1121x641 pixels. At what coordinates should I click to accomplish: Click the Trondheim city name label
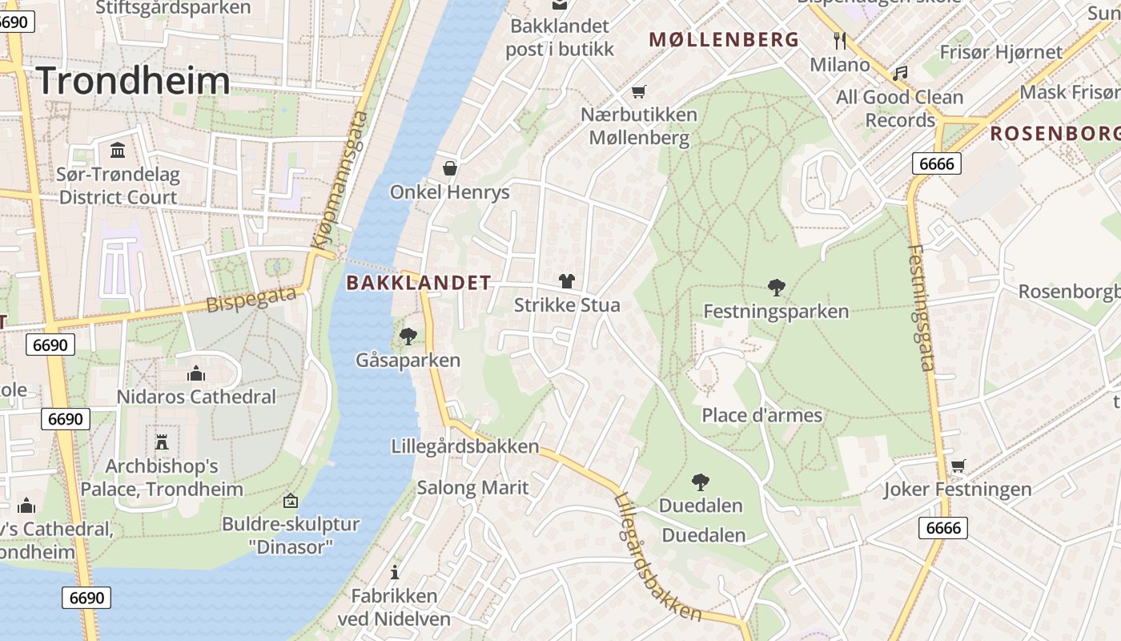click(133, 81)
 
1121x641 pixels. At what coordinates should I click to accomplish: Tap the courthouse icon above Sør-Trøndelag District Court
click(118, 150)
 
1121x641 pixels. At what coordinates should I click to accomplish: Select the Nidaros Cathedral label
click(196, 397)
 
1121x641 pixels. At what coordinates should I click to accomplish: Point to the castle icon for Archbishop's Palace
click(162, 441)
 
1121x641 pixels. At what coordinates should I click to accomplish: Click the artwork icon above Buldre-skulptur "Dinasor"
click(291, 501)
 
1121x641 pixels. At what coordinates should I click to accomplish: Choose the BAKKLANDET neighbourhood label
click(418, 282)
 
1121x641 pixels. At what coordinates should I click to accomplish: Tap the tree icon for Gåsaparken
click(408, 336)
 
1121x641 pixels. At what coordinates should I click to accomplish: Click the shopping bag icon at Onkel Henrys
click(450, 168)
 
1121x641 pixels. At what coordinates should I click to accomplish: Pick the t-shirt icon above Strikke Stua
click(567, 280)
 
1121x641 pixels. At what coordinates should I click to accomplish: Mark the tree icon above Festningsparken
click(776, 287)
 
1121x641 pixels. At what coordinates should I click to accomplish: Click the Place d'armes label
click(761, 415)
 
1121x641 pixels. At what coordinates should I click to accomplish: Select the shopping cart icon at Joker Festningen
click(958, 466)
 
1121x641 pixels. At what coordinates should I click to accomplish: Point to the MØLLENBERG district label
click(724, 39)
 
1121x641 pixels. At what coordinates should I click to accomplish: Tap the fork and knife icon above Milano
click(840, 40)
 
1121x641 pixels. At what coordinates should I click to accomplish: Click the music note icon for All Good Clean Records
click(901, 73)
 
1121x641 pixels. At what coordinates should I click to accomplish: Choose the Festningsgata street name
click(921, 308)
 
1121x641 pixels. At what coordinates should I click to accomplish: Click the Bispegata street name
click(251, 300)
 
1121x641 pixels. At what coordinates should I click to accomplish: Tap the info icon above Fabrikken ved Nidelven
click(394, 572)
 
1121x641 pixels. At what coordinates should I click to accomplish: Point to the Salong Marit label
click(472, 487)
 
